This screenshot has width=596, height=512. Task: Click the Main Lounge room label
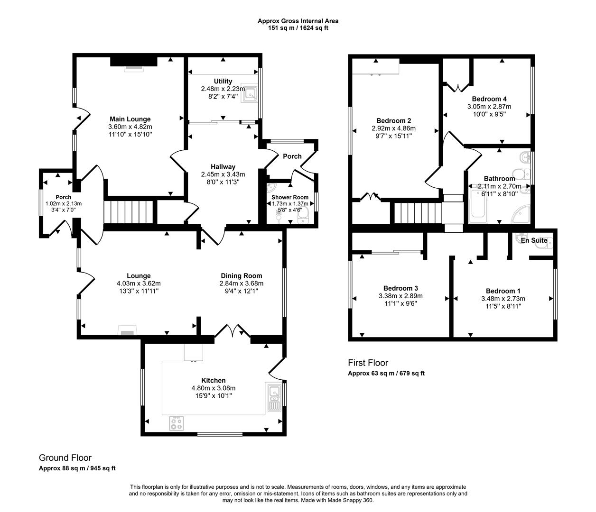pos(130,119)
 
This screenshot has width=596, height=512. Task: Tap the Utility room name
pos(223,81)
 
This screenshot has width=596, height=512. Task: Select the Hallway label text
pos(223,166)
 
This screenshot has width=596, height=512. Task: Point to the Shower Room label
pos(289,197)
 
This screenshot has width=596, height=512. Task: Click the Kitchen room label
pos(213,380)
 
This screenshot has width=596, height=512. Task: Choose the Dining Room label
pos(241,275)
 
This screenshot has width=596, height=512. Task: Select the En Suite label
pos(534,240)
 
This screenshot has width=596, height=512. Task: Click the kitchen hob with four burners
pos(177,423)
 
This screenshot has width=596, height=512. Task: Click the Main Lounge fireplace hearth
pos(133,68)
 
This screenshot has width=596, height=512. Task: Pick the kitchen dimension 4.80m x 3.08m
pos(213,388)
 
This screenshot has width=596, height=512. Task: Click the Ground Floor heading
pos(65,457)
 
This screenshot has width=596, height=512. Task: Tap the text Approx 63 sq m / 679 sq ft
pos(386,373)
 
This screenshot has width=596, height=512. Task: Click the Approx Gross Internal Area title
pos(298,21)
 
